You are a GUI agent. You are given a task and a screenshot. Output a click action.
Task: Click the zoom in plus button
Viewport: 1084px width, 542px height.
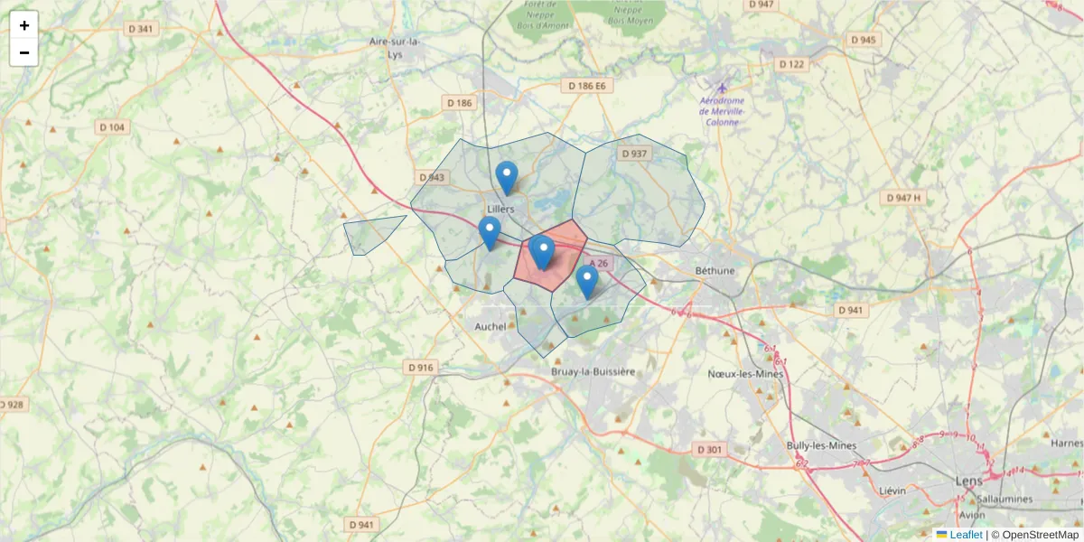click(x=24, y=25)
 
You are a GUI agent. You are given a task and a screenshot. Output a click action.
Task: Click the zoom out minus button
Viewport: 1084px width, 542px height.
click(x=24, y=52)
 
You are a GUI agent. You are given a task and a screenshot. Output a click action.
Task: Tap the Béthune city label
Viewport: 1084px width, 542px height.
click(x=715, y=270)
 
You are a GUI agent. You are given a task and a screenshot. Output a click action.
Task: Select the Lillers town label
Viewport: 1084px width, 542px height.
click(x=500, y=209)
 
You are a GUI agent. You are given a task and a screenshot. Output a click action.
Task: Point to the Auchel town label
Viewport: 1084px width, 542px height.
click(x=491, y=326)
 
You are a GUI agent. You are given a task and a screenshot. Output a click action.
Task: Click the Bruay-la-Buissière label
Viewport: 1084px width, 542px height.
click(x=593, y=371)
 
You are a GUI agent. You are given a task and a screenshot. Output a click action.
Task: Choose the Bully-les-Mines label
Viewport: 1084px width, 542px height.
click(x=821, y=445)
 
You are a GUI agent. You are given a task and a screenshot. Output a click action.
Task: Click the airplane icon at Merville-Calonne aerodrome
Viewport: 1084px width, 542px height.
click(x=722, y=88)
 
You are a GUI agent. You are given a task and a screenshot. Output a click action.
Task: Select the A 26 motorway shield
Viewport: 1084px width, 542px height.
click(x=593, y=263)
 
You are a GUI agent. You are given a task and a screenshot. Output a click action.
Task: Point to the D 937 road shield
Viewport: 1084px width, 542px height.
click(x=635, y=154)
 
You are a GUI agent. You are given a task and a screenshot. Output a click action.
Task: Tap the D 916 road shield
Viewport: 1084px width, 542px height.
click(x=421, y=367)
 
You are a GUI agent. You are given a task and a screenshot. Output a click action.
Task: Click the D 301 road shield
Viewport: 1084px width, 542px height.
click(x=710, y=449)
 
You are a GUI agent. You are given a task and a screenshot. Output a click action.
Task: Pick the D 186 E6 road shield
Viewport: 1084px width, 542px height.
click(x=586, y=86)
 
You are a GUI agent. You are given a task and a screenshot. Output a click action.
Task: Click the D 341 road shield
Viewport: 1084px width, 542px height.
click(x=141, y=29)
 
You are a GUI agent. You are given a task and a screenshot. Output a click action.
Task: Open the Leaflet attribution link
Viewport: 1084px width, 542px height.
click(x=965, y=535)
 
